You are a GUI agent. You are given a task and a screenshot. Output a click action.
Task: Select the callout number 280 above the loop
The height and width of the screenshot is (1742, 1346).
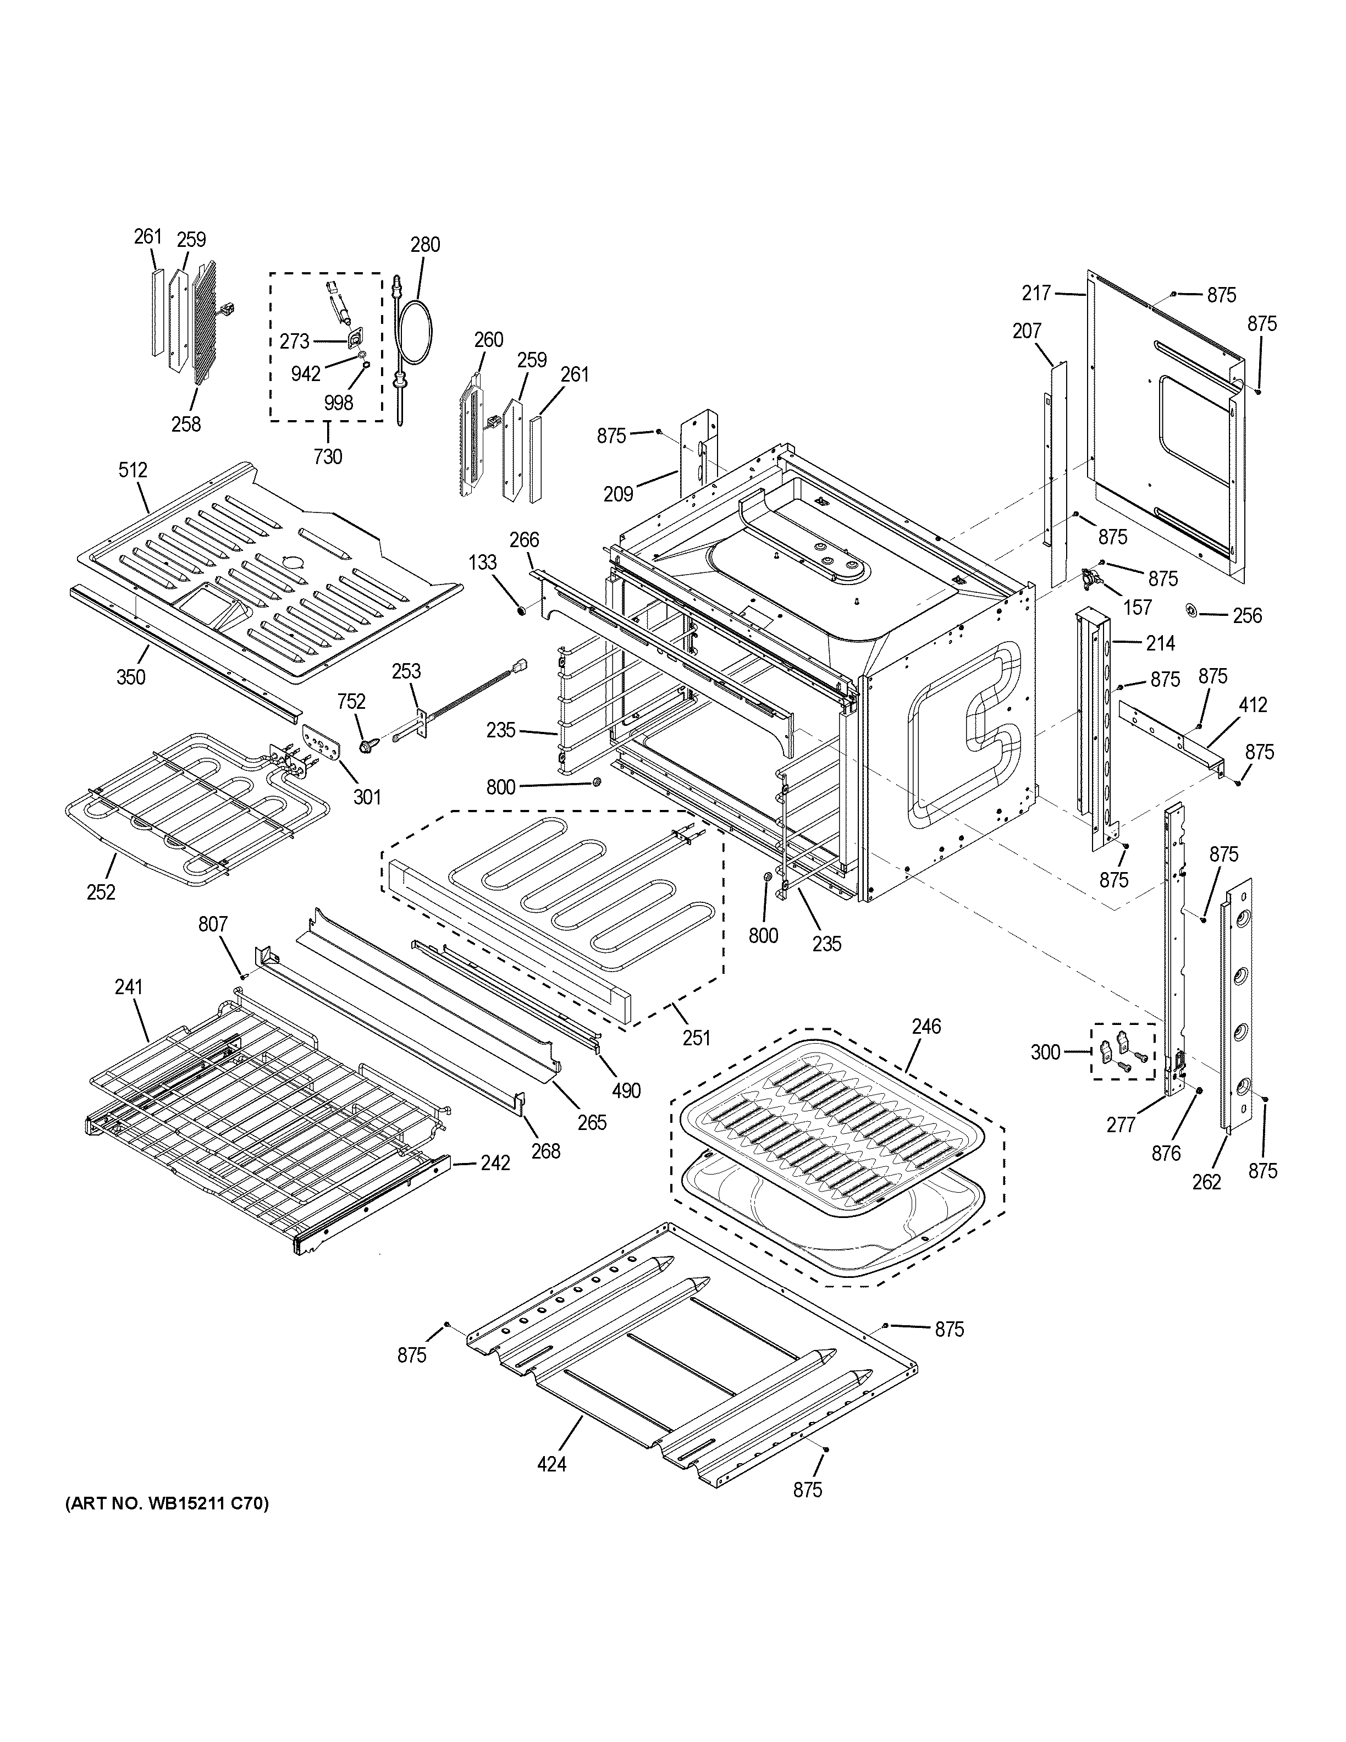point(425,244)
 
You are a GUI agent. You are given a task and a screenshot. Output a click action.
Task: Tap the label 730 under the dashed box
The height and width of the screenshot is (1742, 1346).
point(328,456)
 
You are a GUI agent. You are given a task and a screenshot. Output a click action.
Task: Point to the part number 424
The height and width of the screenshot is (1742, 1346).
point(552,1464)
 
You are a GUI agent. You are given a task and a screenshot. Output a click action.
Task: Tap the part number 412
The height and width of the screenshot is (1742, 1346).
point(1253,704)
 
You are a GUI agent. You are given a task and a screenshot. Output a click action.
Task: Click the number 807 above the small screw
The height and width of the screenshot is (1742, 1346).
point(213,924)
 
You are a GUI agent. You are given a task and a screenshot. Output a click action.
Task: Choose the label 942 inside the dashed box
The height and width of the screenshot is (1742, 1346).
point(305,373)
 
